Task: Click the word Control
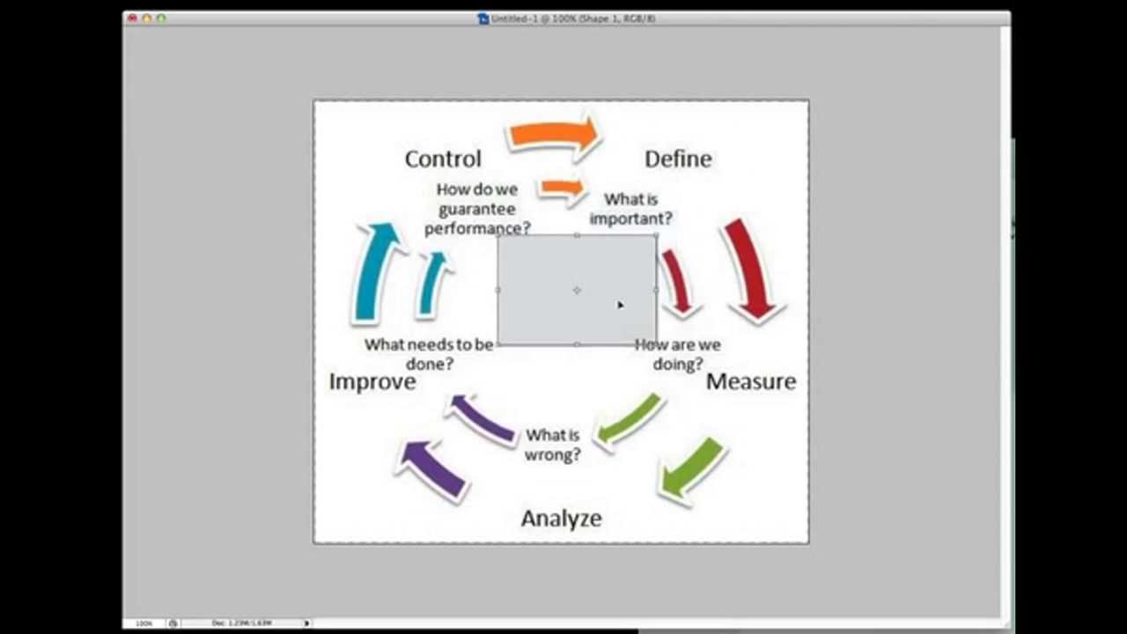[x=443, y=158]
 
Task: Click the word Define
[x=678, y=158]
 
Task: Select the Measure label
[x=751, y=381]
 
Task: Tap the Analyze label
[x=561, y=518]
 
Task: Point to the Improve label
[x=372, y=381]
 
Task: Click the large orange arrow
[x=553, y=135]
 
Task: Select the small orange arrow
[x=562, y=188]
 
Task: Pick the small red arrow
[x=677, y=283]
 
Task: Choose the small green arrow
[x=627, y=419]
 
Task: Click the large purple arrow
[x=431, y=469]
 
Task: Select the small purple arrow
[x=482, y=420]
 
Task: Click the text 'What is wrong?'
[x=553, y=445]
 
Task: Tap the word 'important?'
[x=630, y=218]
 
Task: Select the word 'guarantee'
[x=476, y=209]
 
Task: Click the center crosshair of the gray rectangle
[x=577, y=290]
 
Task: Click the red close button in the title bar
[x=133, y=18]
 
